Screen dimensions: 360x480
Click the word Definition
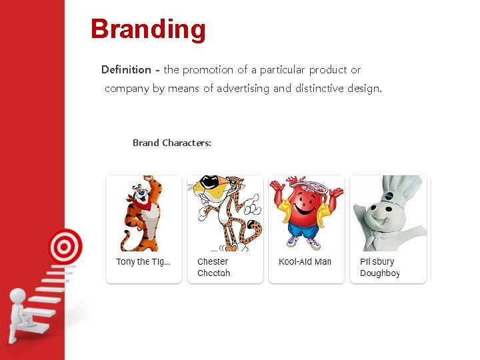[x=126, y=70]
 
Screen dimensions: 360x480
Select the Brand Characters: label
[x=172, y=143]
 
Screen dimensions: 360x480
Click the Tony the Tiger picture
[x=143, y=213]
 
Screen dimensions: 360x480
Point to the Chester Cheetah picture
[x=225, y=213]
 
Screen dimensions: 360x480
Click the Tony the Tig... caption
[x=143, y=262]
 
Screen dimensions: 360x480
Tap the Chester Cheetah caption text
[x=213, y=267]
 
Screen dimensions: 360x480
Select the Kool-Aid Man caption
[x=305, y=262]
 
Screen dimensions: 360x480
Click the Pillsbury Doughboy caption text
[x=380, y=267]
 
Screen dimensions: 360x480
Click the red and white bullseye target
[x=64, y=247]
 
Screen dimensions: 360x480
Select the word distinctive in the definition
[x=319, y=89]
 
